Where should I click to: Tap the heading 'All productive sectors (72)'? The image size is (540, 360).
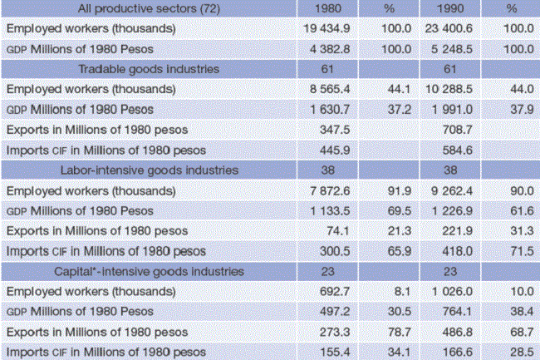(149, 8)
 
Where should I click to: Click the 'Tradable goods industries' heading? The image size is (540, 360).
(149, 69)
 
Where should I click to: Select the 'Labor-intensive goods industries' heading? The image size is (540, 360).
(149, 170)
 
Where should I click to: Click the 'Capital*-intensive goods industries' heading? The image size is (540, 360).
(149, 271)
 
